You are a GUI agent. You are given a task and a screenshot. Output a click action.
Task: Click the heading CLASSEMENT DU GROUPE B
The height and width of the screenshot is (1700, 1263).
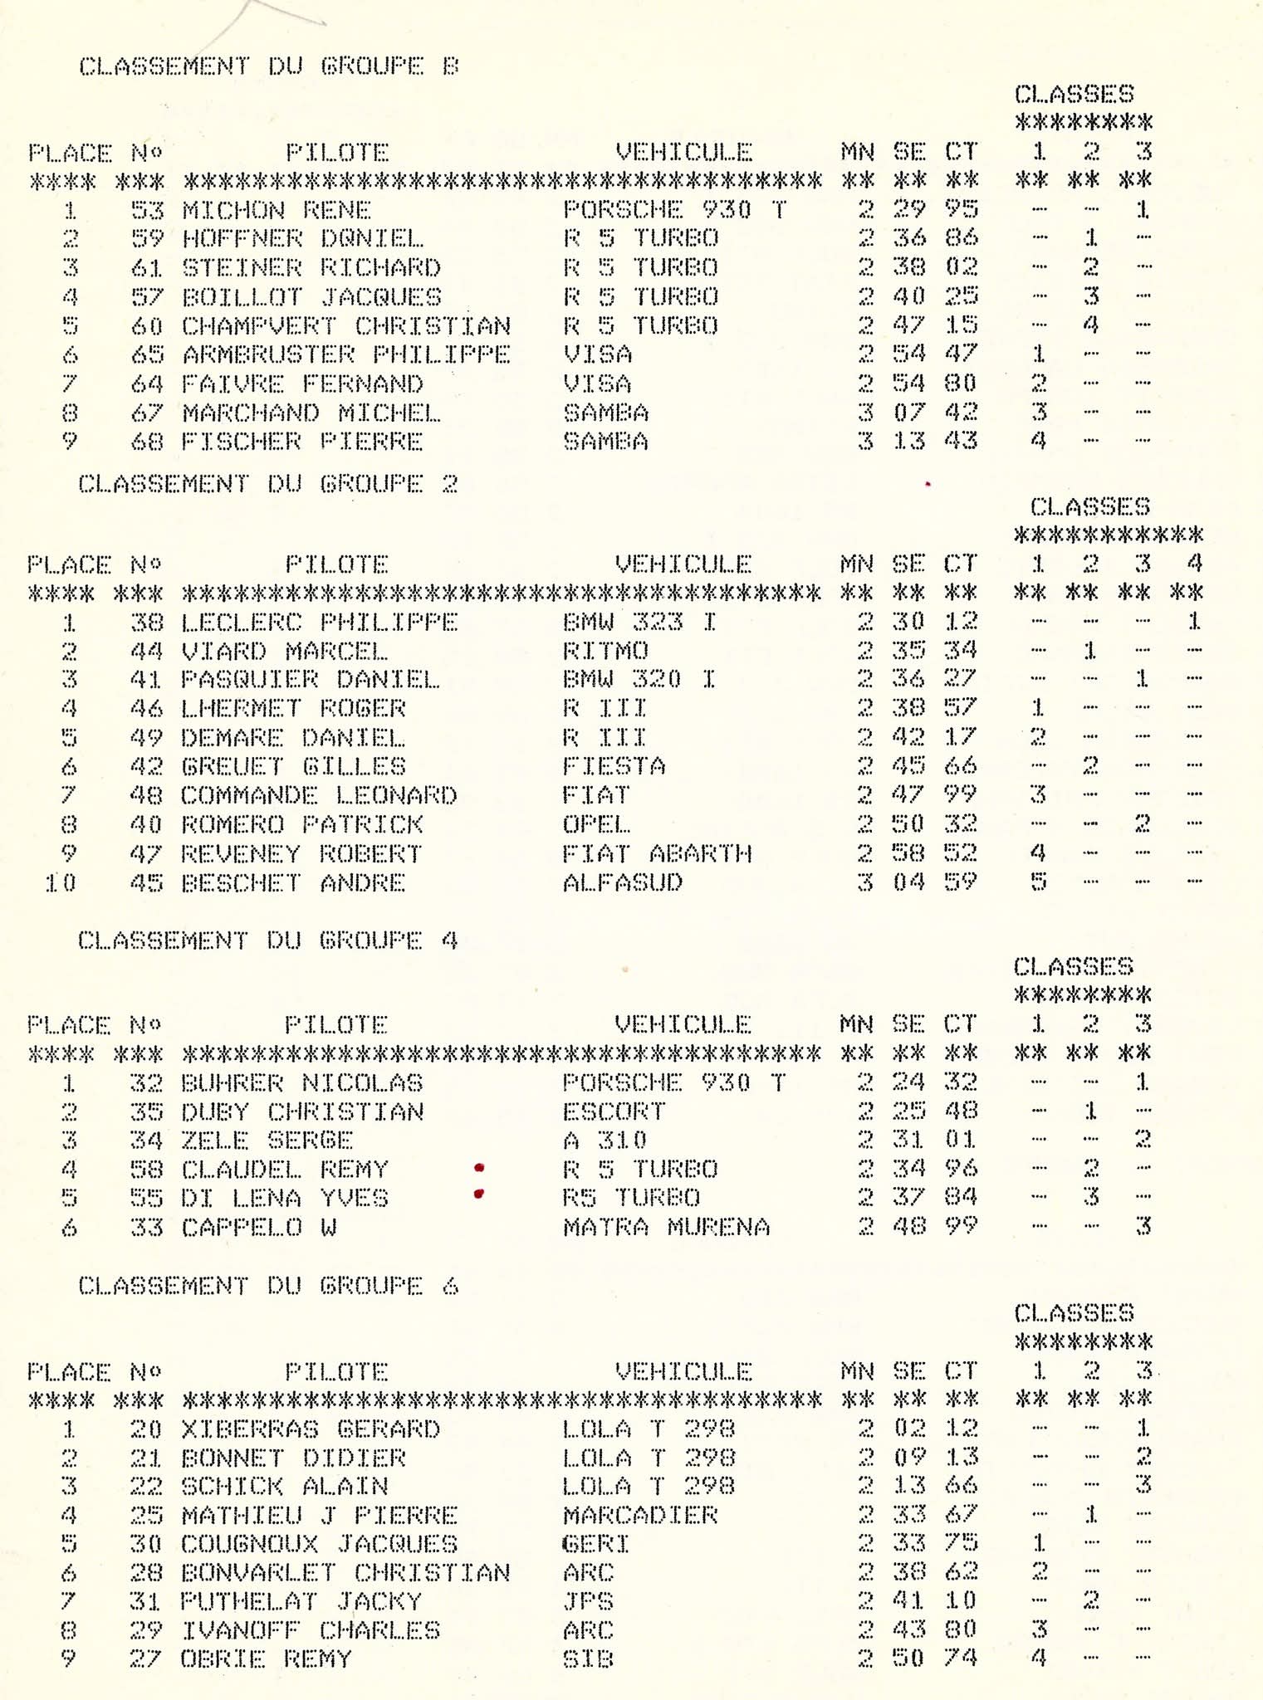coord(268,66)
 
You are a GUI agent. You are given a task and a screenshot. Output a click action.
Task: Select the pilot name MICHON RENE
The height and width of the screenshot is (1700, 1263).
coord(276,210)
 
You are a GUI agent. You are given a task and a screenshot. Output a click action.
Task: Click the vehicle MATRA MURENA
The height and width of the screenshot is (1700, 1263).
coord(666,1227)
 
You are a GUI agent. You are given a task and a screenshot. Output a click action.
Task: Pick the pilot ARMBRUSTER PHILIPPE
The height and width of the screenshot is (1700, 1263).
coord(345,354)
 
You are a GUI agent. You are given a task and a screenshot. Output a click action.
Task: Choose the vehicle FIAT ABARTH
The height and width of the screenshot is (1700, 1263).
coord(657,853)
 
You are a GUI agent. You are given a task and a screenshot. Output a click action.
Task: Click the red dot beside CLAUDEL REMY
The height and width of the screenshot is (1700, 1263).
coord(479,1168)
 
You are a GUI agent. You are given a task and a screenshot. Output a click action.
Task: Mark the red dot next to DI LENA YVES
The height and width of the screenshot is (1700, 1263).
coord(478,1195)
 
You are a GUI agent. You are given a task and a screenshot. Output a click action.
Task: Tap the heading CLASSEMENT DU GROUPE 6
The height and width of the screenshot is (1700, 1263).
coord(268,1286)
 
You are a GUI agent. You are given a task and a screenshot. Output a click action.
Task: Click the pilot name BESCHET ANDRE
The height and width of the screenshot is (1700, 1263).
coord(293,882)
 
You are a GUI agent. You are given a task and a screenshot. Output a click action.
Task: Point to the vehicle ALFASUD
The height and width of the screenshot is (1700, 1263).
coord(622,882)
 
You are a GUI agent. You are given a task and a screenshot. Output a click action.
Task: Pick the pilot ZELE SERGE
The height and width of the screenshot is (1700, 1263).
coord(267,1141)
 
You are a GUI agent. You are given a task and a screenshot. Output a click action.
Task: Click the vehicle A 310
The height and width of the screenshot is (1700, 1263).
coord(605,1141)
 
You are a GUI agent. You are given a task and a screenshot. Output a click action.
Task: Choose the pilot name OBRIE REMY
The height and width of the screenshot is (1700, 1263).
coord(267,1659)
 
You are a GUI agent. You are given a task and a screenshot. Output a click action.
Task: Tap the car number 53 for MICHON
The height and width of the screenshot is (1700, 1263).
coord(147,210)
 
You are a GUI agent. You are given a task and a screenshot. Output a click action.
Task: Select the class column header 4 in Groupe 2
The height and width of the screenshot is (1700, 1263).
coord(1194,564)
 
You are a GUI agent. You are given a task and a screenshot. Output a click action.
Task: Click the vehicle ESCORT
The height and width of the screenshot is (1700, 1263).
coord(614,1111)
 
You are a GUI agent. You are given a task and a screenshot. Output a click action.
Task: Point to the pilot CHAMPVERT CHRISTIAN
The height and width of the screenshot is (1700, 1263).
coord(345,325)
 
